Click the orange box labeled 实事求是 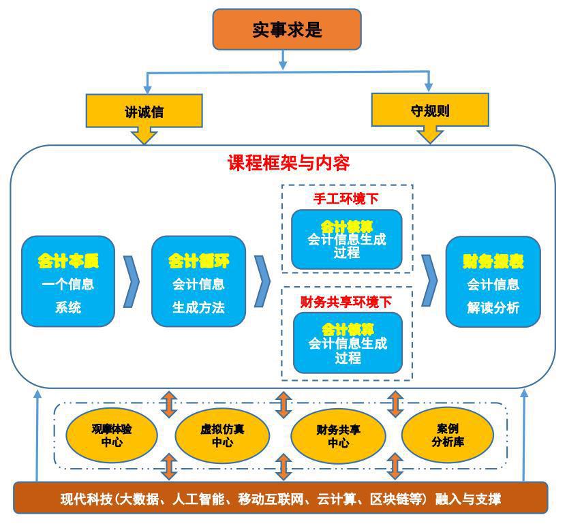click(x=287, y=30)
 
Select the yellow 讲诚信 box click(x=144, y=112)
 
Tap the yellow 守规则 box click(x=430, y=110)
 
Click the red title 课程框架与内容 click(x=288, y=164)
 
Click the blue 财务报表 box click(x=493, y=281)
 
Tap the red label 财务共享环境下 click(x=346, y=300)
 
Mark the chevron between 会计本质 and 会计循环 click(x=131, y=281)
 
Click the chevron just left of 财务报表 click(x=429, y=281)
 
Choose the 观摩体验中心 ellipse click(x=112, y=435)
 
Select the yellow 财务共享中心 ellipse click(x=338, y=435)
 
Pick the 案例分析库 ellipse click(x=448, y=435)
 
